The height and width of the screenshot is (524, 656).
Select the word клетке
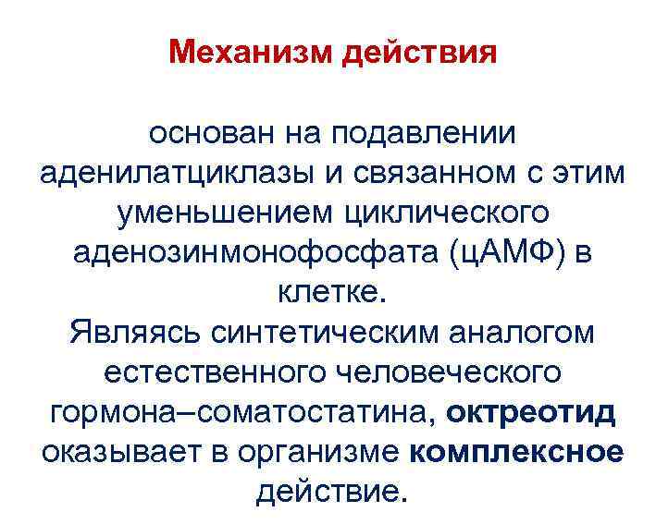(328, 292)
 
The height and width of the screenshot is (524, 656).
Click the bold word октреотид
(530, 411)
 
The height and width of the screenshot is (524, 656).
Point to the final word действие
(329, 491)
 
